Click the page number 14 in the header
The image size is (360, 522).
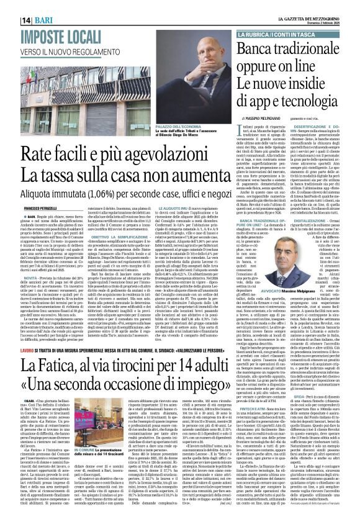(x=11, y=5)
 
